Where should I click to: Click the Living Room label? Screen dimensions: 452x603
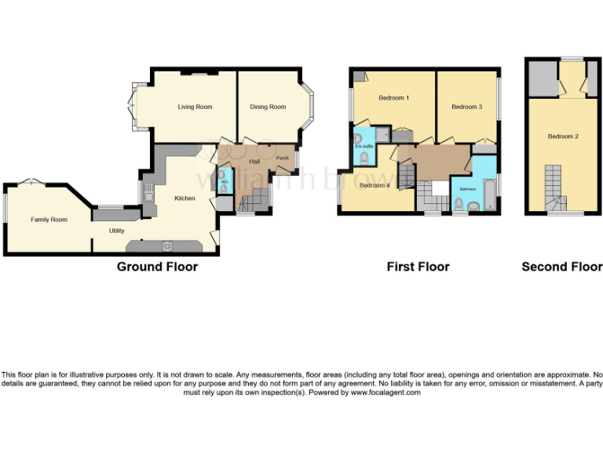click(x=195, y=107)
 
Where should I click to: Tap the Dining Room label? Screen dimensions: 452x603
click(x=268, y=107)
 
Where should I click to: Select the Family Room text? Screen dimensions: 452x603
click(x=49, y=220)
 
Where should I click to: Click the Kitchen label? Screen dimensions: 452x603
click(x=185, y=199)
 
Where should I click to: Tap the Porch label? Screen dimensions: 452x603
click(x=282, y=159)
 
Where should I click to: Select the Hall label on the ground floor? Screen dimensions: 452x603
click(x=254, y=162)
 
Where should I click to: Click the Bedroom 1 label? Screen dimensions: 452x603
click(x=393, y=98)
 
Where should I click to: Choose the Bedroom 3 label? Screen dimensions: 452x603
click(x=467, y=107)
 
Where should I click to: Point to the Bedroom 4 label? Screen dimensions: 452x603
click(x=375, y=186)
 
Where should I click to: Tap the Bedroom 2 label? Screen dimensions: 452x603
click(x=563, y=137)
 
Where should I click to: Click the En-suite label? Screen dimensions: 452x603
click(x=364, y=147)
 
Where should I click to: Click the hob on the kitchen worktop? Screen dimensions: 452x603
click(x=166, y=246)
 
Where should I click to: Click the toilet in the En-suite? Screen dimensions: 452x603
click(x=364, y=158)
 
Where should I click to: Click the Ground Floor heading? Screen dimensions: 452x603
click(x=157, y=267)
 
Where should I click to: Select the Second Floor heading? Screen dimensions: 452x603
click(x=562, y=267)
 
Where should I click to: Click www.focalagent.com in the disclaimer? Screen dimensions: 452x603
click(x=386, y=392)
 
